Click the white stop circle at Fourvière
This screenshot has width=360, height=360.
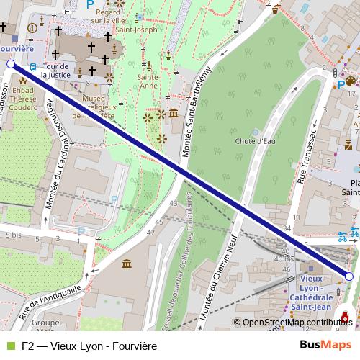[10, 65]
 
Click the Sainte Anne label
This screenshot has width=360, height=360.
[148, 81]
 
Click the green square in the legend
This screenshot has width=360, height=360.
[10, 346]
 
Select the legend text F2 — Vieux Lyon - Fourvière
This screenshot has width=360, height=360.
[89, 346]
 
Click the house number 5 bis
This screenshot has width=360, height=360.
[12, 234]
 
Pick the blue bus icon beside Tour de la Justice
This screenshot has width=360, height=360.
[33, 68]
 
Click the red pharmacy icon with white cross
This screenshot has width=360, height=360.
[346, 318]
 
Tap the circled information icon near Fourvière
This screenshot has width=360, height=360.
[31, 28]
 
